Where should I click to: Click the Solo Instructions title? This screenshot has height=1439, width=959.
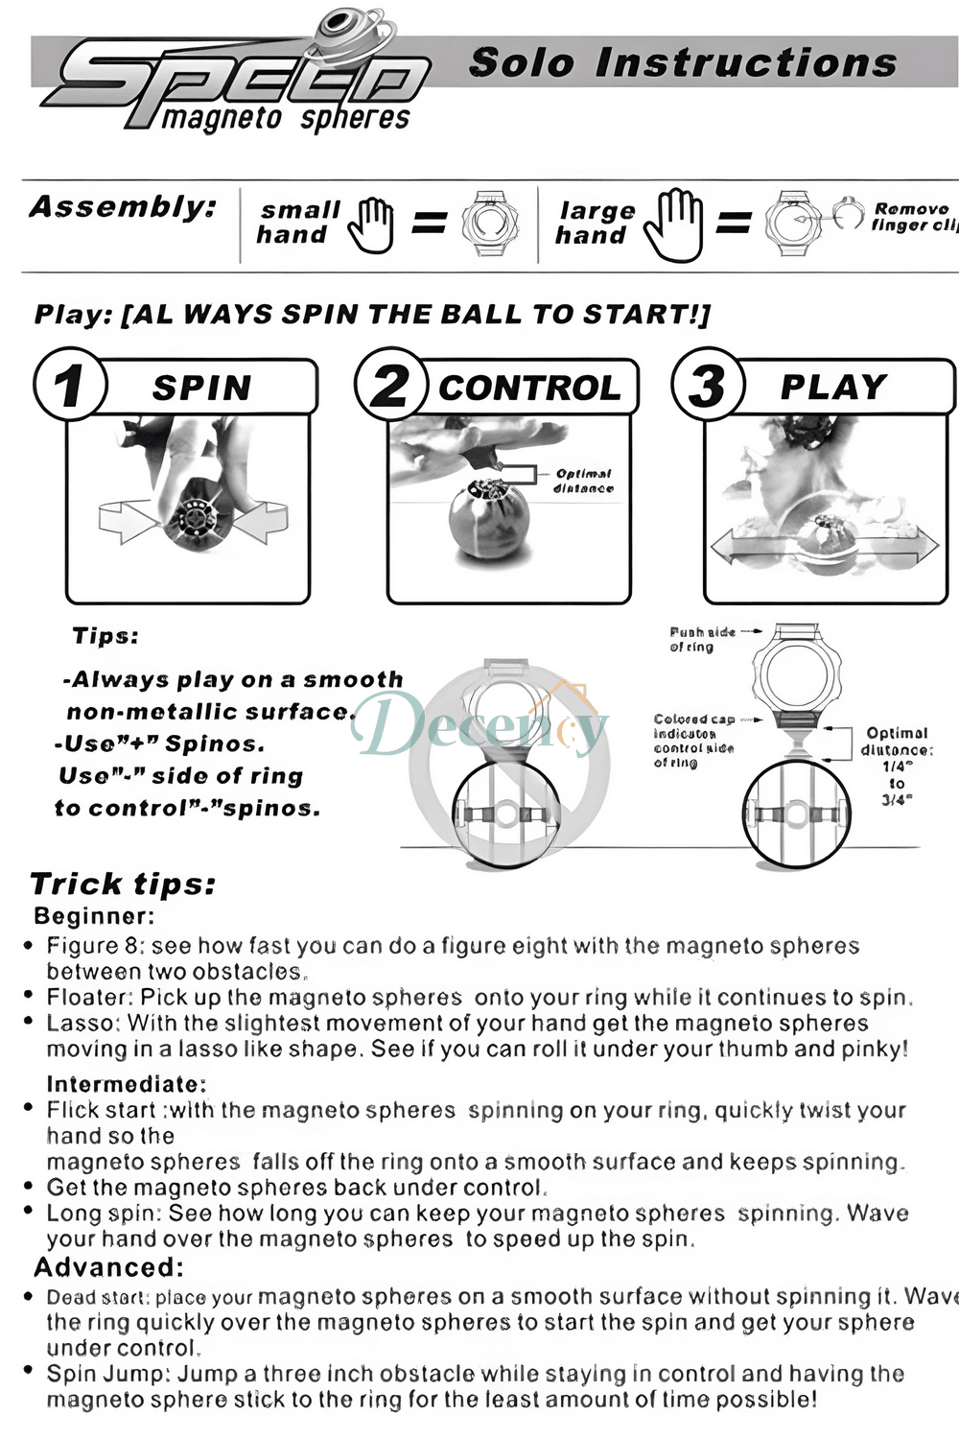683,63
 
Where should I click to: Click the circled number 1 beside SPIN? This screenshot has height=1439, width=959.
68,385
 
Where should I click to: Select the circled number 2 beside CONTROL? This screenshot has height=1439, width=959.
389,385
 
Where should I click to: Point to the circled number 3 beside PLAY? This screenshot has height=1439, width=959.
708,385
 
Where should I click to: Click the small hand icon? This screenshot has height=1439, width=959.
371,225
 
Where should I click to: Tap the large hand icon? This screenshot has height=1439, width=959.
673,225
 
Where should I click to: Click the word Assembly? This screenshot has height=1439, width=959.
123,206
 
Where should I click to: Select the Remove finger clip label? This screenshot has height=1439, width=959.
914,217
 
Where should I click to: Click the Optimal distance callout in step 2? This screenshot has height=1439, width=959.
583,481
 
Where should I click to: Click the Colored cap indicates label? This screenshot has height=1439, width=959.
694,740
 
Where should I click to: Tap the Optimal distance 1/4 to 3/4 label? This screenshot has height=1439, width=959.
896,765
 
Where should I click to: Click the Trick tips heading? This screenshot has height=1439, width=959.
123,884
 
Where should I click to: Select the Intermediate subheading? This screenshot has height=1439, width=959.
127,1084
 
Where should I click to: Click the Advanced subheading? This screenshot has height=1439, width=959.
108,1267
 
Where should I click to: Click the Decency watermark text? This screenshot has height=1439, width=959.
479,726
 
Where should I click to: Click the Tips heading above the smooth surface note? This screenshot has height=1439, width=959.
105,636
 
